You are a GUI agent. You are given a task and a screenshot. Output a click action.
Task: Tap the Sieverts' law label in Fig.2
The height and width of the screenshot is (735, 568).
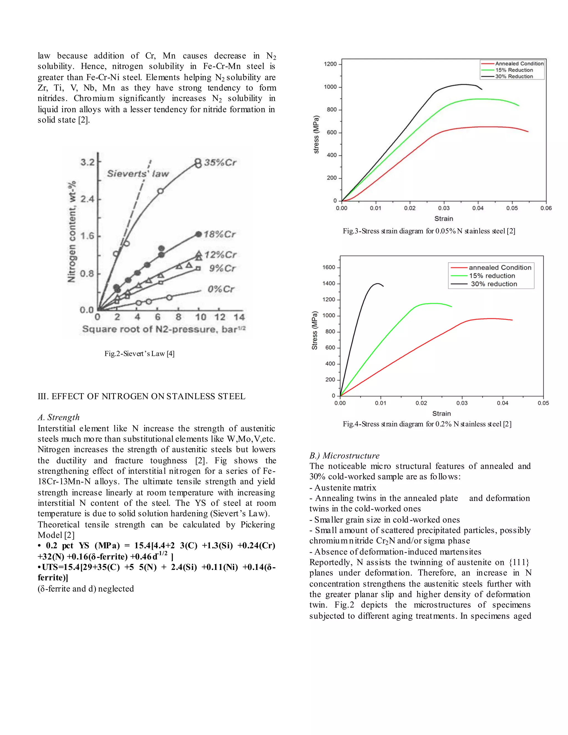click(x=138, y=174)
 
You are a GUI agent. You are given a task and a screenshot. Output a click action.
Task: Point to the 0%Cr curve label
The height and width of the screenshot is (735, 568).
click(x=221, y=289)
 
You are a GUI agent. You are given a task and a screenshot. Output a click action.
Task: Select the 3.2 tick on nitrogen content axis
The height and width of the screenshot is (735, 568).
click(x=87, y=163)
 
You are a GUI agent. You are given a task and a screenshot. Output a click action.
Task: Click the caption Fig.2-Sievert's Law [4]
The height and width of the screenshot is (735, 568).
click(x=139, y=353)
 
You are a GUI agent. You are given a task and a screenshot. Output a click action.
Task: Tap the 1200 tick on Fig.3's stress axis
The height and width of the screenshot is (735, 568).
click(x=330, y=64)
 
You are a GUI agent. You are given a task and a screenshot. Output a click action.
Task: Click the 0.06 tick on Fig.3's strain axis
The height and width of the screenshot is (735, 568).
click(x=546, y=208)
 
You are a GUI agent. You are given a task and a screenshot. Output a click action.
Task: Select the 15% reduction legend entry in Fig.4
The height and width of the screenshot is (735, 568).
click(x=492, y=276)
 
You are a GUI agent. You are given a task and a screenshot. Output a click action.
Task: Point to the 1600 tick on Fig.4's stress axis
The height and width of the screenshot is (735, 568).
click(x=329, y=268)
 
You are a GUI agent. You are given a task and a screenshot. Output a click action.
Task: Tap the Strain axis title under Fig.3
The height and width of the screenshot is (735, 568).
click(x=443, y=219)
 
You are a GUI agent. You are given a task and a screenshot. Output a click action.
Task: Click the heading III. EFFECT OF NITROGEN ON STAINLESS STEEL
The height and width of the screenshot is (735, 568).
click(x=141, y=396)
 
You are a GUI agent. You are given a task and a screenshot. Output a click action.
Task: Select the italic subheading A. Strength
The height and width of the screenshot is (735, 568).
click(x=59, y=417)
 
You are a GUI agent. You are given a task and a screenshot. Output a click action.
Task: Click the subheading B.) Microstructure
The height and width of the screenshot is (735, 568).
click(x=344, y=456)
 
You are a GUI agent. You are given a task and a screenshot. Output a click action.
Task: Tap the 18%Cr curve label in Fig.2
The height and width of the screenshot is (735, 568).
click(x=219, y=234)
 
